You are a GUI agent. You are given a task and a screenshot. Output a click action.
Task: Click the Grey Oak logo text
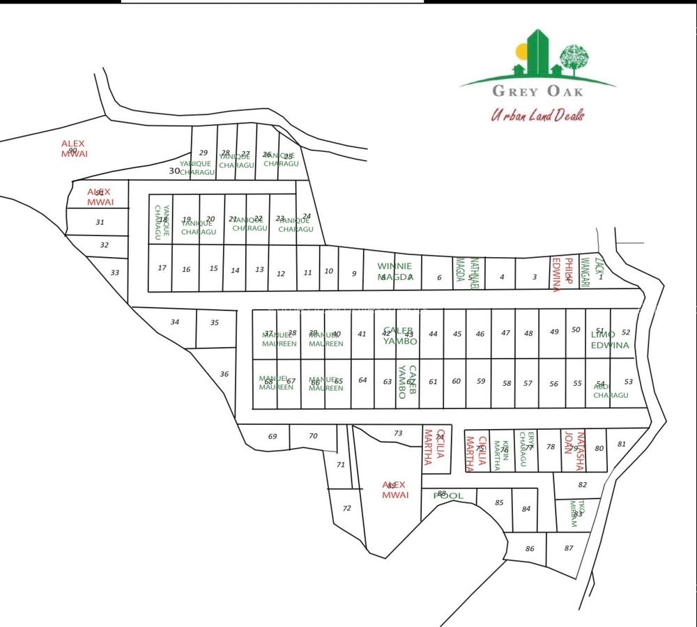[x=537, y=91]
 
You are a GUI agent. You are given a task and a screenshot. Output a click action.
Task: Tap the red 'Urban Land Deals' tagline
[x=537, y=115]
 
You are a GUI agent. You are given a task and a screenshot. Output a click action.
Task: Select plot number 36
[x=224, y=374]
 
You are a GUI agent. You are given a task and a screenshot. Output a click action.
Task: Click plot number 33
[x=115, y=272]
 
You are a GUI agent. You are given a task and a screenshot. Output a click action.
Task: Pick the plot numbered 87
[x=569, y=548]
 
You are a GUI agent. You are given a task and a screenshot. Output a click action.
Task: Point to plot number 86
[x=530, y=549]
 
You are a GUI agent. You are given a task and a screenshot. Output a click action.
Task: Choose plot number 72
[x=346, y=509]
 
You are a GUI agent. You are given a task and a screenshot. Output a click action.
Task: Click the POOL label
[x=448, y=496]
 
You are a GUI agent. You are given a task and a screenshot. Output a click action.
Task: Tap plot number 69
[x=273, y=437]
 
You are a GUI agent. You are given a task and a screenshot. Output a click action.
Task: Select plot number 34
[x=174, y=322]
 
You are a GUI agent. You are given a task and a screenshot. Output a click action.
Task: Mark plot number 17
[x=162, y=268]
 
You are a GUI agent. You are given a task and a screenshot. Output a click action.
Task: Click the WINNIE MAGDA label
[x=395, y=271]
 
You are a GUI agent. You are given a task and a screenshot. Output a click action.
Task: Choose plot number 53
[x=629, y=382]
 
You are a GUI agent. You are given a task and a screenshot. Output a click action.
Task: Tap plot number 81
[x=622, y=444]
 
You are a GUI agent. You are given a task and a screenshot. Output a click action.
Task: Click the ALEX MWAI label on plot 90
[x=73, y=148]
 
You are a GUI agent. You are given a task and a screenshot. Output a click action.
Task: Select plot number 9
[x=354, y=274]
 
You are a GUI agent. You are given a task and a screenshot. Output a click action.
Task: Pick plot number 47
[x=505, y=333]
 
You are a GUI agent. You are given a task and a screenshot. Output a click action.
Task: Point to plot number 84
[x=526, y=509]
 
